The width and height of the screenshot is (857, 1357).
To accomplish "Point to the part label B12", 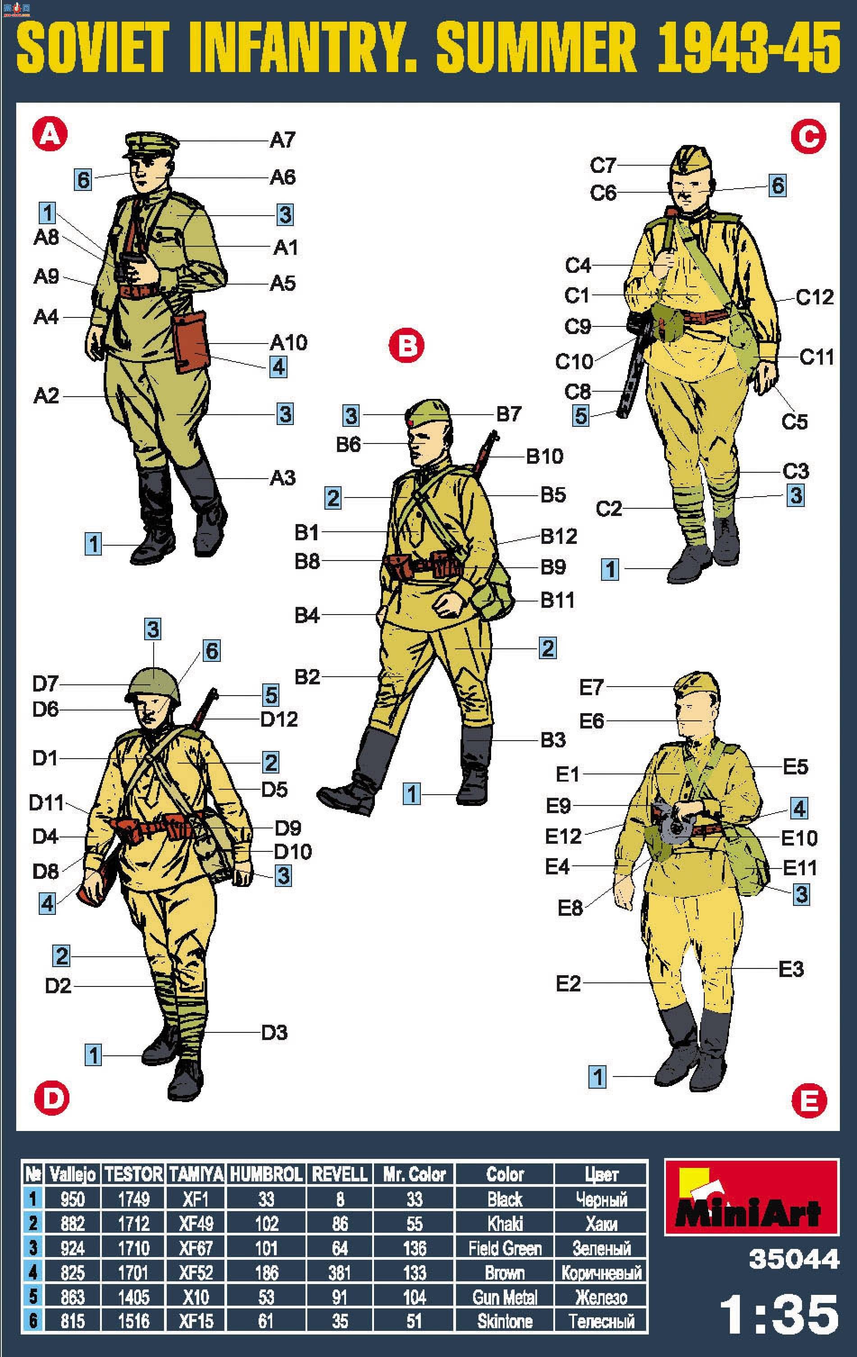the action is (559, 536).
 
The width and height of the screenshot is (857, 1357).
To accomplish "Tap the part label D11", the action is (46, 802).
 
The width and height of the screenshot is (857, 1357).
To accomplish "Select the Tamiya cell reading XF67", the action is (196, 1248).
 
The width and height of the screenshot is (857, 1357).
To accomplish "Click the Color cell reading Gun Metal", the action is (505, 1297).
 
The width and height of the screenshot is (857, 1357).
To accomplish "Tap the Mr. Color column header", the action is (415, 1174).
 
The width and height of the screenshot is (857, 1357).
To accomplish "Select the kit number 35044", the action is (794, 1259).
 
